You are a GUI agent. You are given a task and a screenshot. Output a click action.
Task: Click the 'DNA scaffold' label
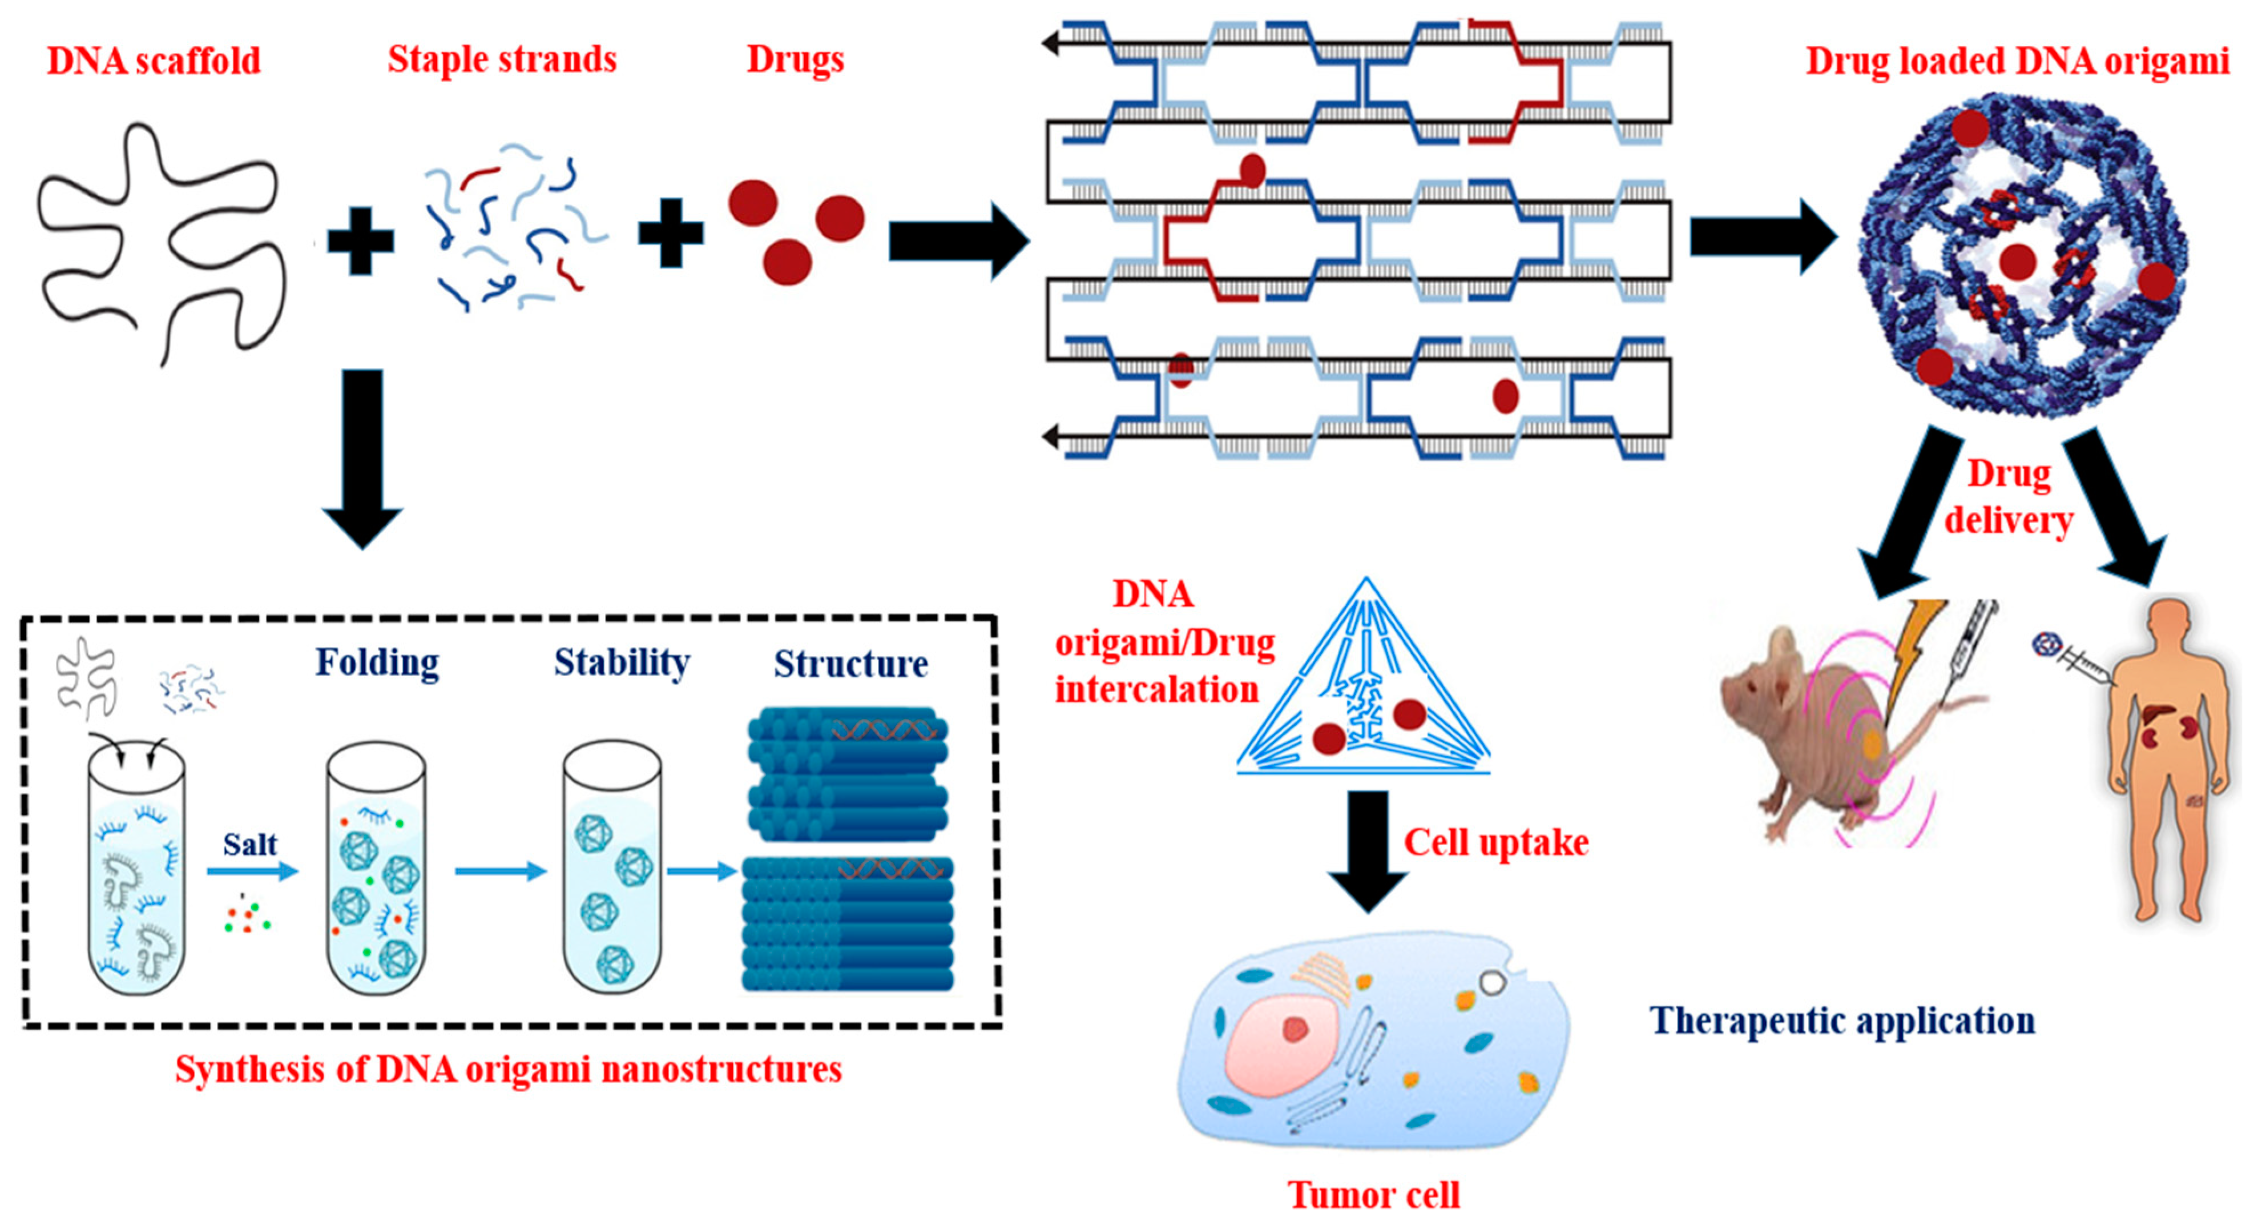(154, 61)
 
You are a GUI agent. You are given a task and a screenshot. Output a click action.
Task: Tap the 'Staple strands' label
(502, 59)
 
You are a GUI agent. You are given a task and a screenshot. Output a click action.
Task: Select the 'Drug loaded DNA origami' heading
(2017, 61)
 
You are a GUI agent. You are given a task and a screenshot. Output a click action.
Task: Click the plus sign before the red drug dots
(671, 232)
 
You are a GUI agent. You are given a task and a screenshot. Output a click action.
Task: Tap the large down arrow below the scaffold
(362, 458)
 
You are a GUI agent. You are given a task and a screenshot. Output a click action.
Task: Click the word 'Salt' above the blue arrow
(249, 844)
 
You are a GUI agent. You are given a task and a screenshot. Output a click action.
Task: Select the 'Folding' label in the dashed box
(377, 664)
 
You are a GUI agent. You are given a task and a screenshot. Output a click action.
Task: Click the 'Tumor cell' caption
(1373, 1194)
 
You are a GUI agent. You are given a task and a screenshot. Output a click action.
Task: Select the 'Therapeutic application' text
(1842, 1021)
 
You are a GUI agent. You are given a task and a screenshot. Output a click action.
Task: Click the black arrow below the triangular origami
(1367, 851)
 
